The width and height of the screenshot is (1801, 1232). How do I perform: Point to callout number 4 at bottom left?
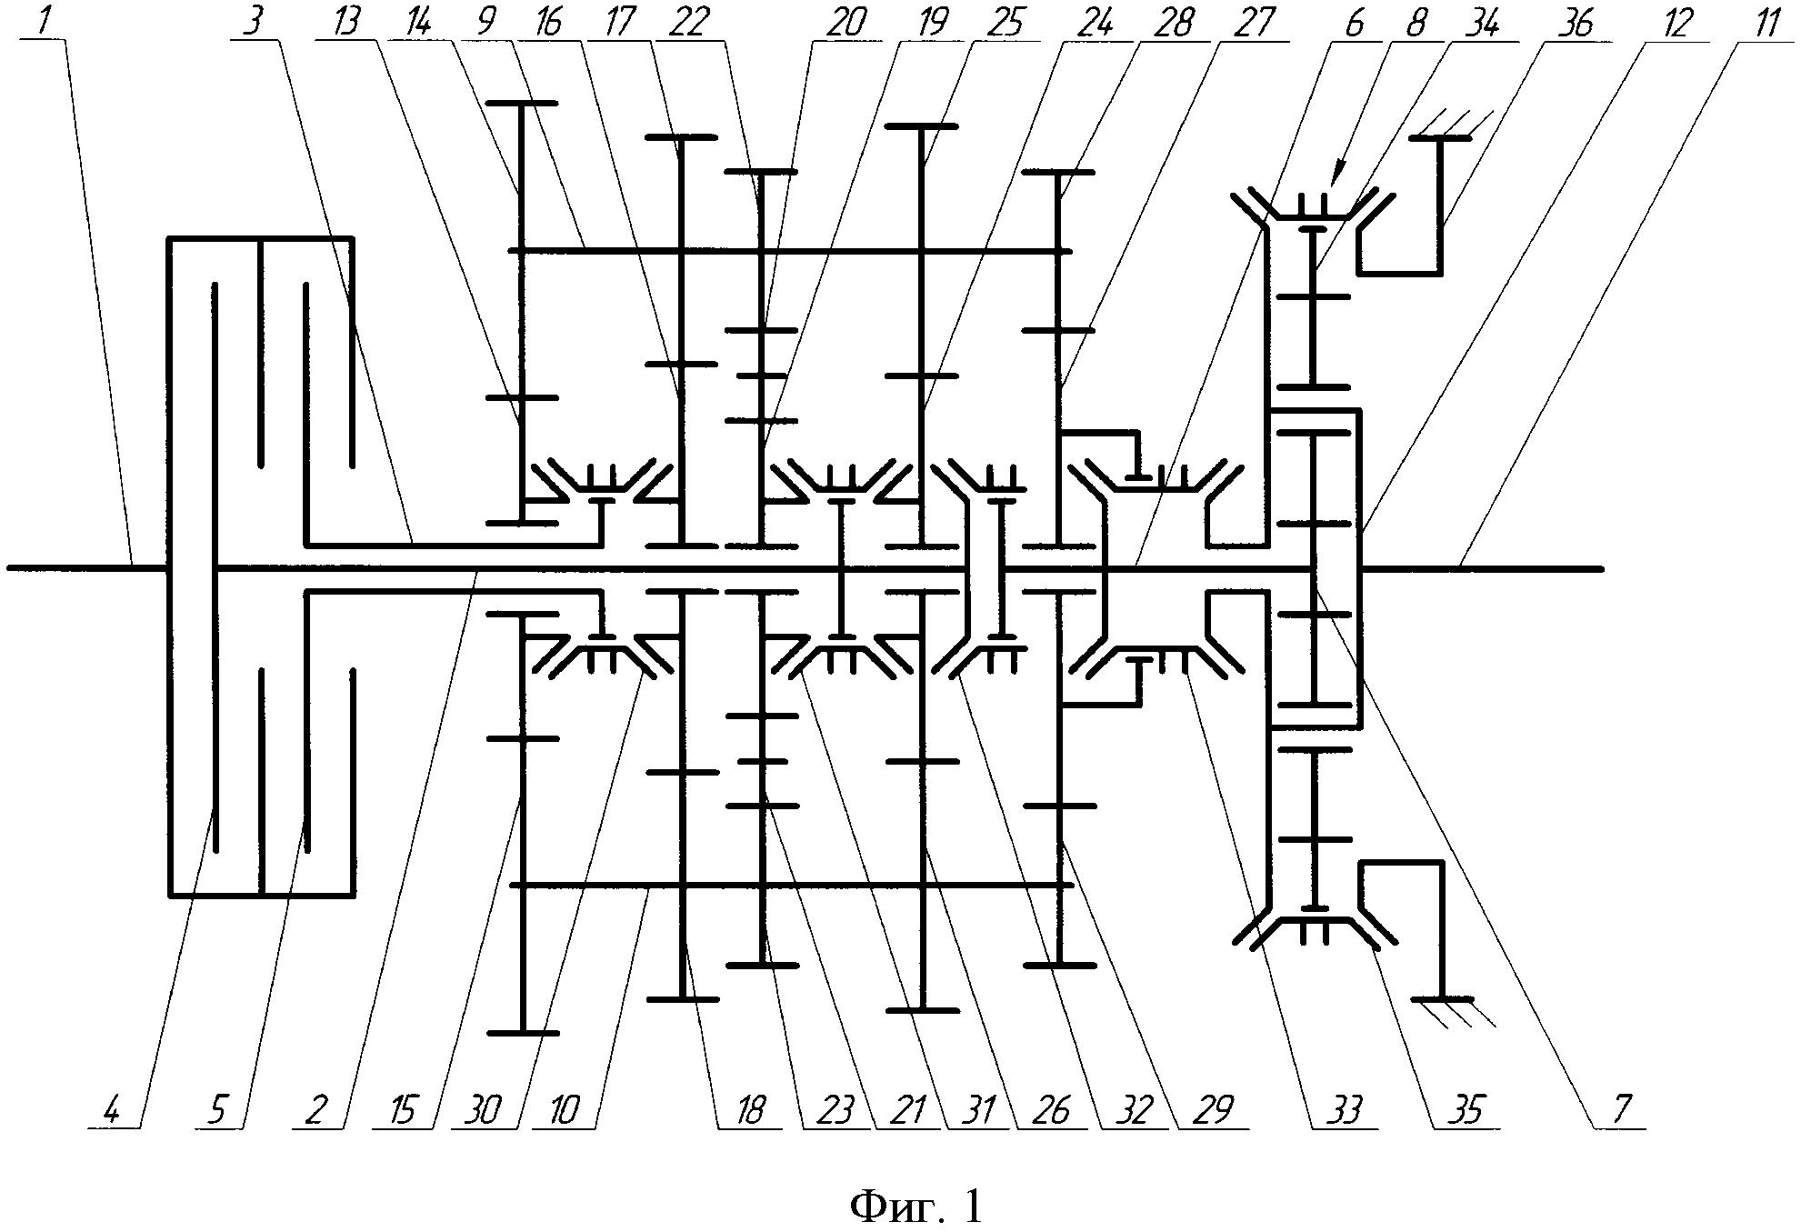coord(113,1111)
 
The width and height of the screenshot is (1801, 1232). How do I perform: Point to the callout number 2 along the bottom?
coord(315,1111)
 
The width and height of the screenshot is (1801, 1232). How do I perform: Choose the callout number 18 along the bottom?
coord(750,1111)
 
